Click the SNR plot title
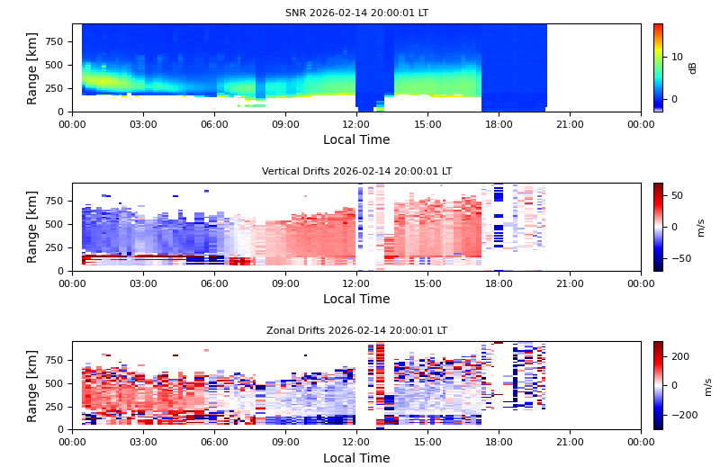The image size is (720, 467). tap(356, 13)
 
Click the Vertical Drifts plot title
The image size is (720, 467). tap(356, 172)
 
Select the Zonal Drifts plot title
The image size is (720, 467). tap(356, 331)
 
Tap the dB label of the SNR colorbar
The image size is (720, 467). tap(693, 67)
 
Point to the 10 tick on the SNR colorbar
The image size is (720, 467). tap(677, 57)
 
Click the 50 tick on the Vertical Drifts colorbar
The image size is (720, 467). tap(677, 195)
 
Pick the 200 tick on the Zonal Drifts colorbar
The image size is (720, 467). tap(679, 356)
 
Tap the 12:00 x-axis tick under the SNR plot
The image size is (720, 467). tap(356, 124)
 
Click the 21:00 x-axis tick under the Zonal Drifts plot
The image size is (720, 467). tap(570, 442)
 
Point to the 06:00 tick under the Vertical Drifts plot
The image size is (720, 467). tap(214, 283)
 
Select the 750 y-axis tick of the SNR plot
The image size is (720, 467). tap(54, 41)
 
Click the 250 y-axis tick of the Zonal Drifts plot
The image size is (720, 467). tap(54, 407)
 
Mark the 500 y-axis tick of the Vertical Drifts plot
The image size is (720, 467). tap(54, 224)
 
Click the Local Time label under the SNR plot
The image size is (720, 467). tap(356, 140)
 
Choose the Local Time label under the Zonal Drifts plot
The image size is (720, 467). tap(356, 458)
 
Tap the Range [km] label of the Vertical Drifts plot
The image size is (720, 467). tap(32, 227)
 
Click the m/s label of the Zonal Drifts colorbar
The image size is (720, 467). tap(708, 386)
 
